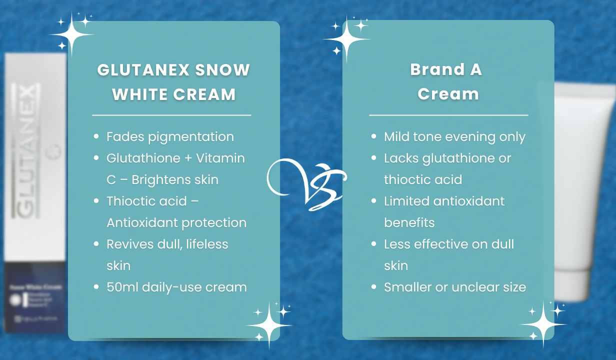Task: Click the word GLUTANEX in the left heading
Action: click(143, 69)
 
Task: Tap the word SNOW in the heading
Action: click(222, 69)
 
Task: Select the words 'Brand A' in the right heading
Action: click(446, 69)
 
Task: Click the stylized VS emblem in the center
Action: click(306, 183)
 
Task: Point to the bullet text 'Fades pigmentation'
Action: click(170, 136)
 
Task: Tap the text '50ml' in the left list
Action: click(122, 287)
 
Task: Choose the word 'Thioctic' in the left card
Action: click(131, 201)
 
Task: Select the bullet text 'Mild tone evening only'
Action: click(454, 136)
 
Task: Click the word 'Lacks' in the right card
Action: click(401, 158)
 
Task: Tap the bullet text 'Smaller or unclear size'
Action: click(454, 287)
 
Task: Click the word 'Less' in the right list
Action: click(397, 244)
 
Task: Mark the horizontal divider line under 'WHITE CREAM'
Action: click(171, 115)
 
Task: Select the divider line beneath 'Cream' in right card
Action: click(448, 115)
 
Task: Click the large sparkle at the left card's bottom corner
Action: click(268, 324)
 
